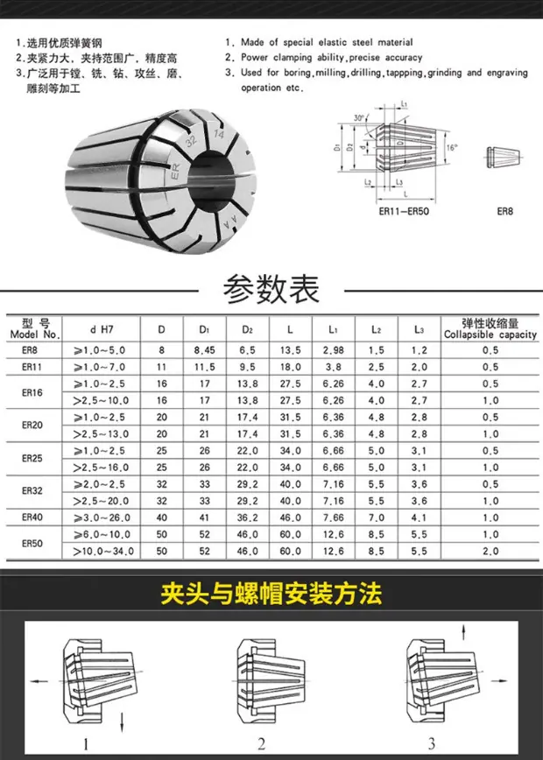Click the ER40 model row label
click(x=32, y=517)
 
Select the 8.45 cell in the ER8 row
click(x=204, y=350)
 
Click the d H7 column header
click(x=102, y=329)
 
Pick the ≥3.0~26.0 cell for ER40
click(x=102, y=517)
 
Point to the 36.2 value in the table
click(x=247, y=517)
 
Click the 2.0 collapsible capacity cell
click(x=490, y=551)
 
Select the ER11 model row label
click(x=32, y=367)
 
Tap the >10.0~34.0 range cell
click(x=103, y=551)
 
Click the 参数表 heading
click(x=271, y=289)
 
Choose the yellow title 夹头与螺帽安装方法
click(x=271, y=593)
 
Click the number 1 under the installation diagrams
click(x=86, y=743)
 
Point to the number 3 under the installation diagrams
click(x=432, y=743)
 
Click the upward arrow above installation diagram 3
click(x=464, y=632)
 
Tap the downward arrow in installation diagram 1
click(x=122, y=721)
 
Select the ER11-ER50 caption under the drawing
click(x=404, y=211)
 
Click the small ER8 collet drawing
click(x=504, y=157)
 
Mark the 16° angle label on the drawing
click(x=452, y=147)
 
